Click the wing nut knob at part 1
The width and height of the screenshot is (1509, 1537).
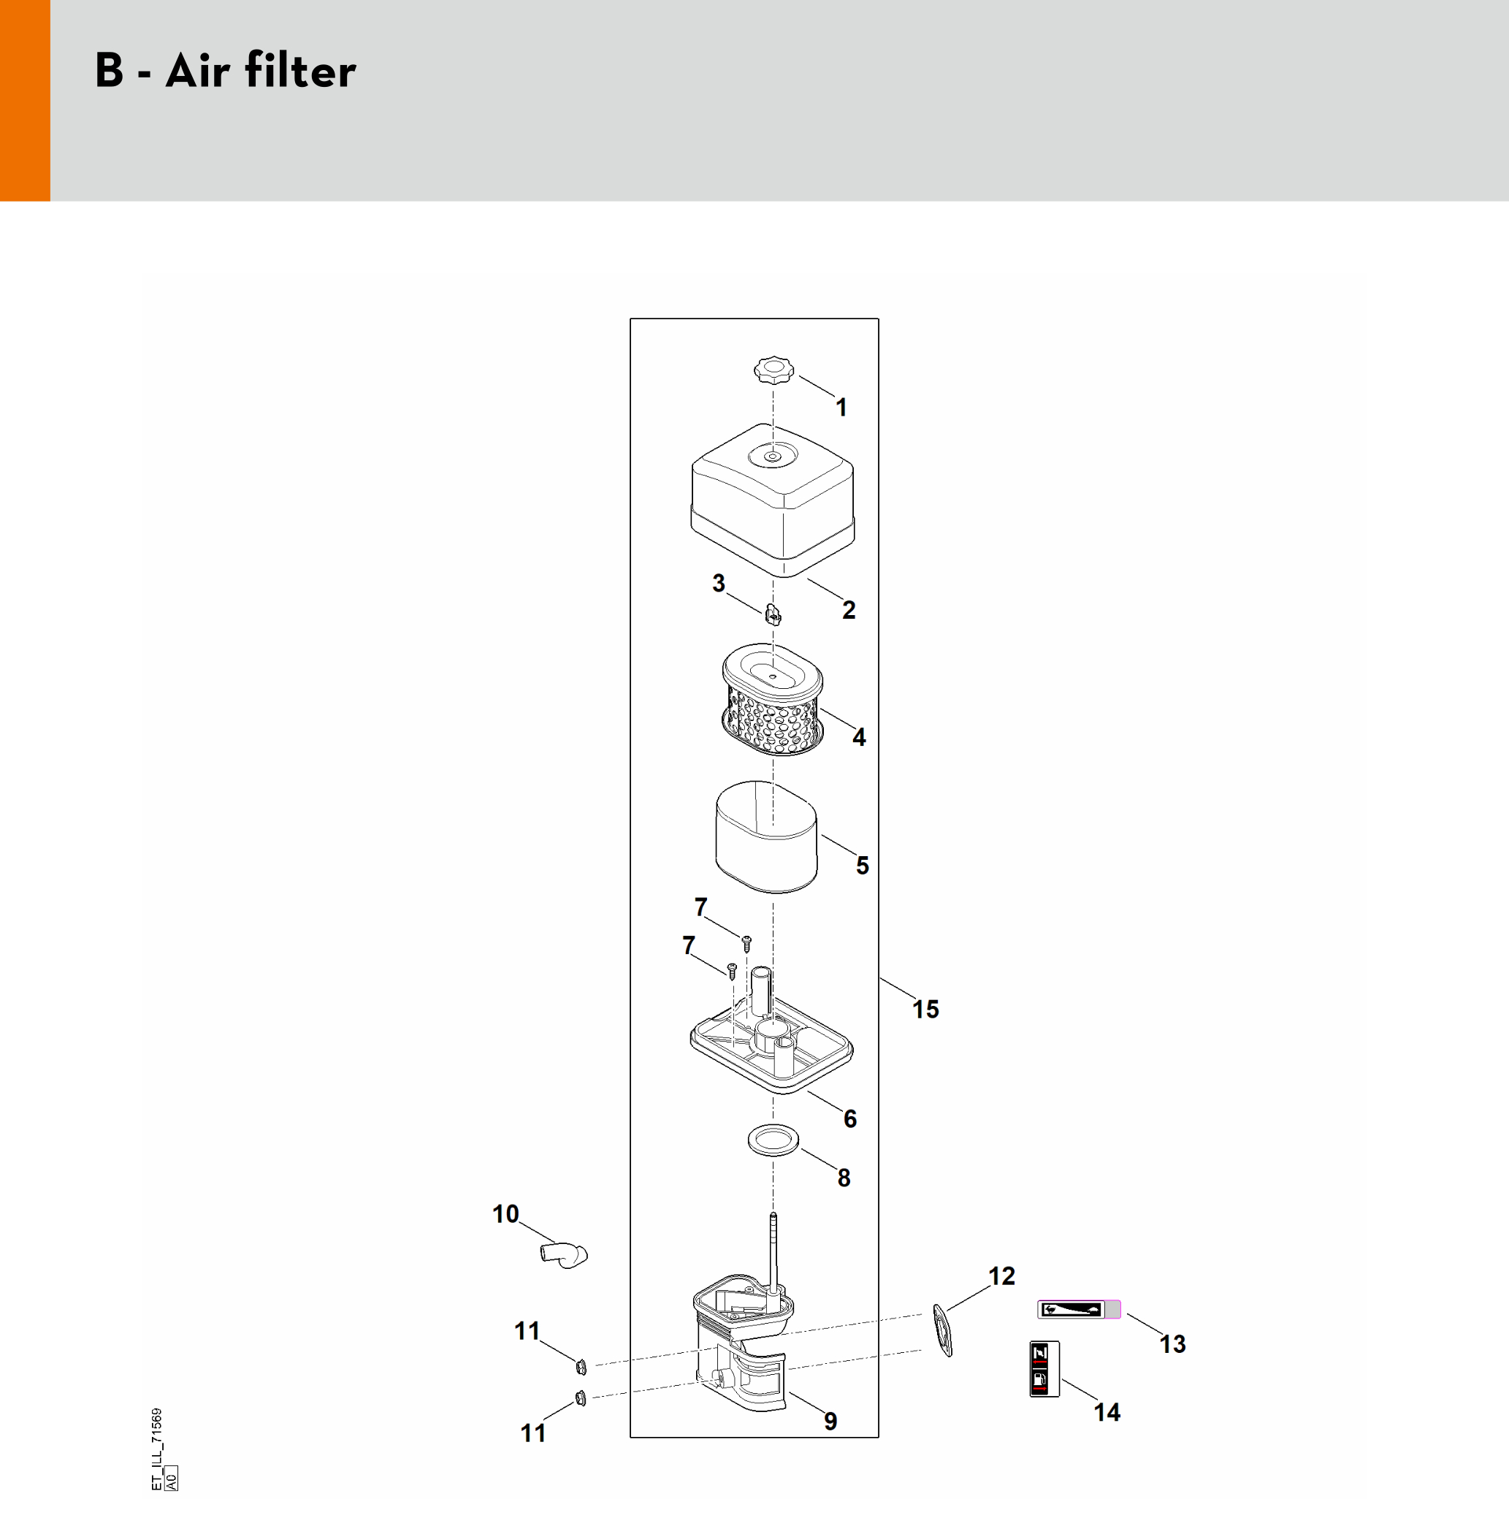point(773,370)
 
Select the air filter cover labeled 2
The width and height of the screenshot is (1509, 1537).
point(773,500)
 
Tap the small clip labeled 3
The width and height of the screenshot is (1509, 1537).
point(773,614)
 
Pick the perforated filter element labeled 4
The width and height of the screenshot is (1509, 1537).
point(773,699)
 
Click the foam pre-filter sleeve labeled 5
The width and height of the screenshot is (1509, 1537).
point(766,837)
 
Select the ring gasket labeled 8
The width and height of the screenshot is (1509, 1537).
point(773,1140)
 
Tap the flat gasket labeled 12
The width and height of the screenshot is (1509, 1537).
point(942,1330)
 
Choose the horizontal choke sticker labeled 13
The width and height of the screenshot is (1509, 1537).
point(1080,1310)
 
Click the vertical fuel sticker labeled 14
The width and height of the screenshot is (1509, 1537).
point(1044,1369)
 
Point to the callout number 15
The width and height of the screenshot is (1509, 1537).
point(925,1009)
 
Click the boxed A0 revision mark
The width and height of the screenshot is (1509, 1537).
point(171,1479)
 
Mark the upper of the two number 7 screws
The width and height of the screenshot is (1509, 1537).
point(746,942)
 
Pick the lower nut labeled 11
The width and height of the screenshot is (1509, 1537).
point(580,1398)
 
